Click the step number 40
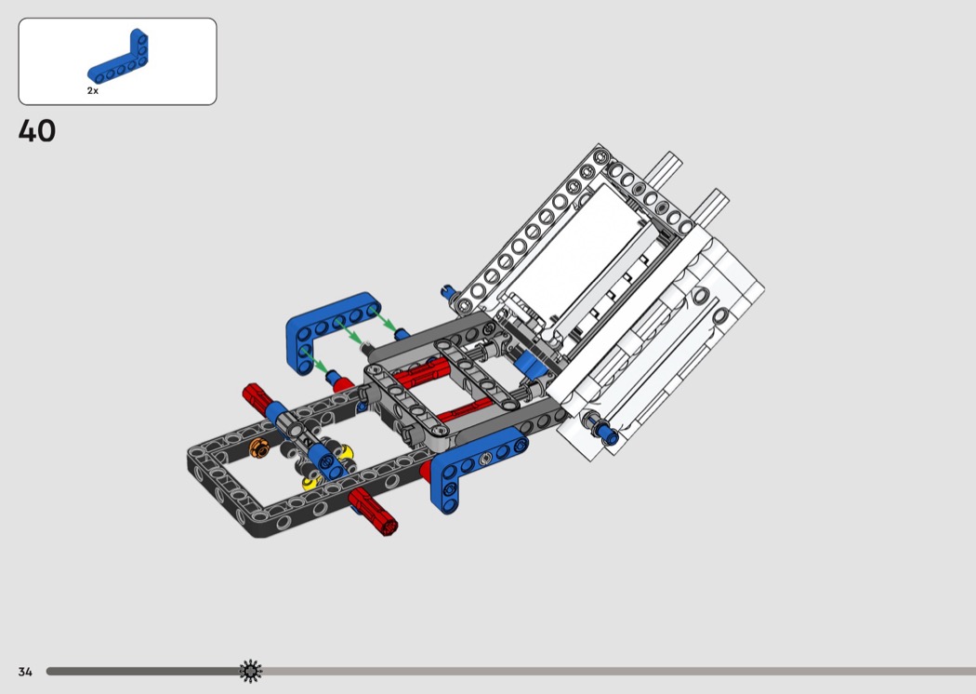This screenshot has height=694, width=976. coord(37,131)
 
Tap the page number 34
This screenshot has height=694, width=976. coord(25,672)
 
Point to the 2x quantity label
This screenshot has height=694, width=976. coord(93,91)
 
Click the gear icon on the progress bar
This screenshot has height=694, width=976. coord(251,671)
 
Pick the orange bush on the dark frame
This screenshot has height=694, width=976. coord(258,447)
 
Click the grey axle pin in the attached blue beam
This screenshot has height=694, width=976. coord(486,460)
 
